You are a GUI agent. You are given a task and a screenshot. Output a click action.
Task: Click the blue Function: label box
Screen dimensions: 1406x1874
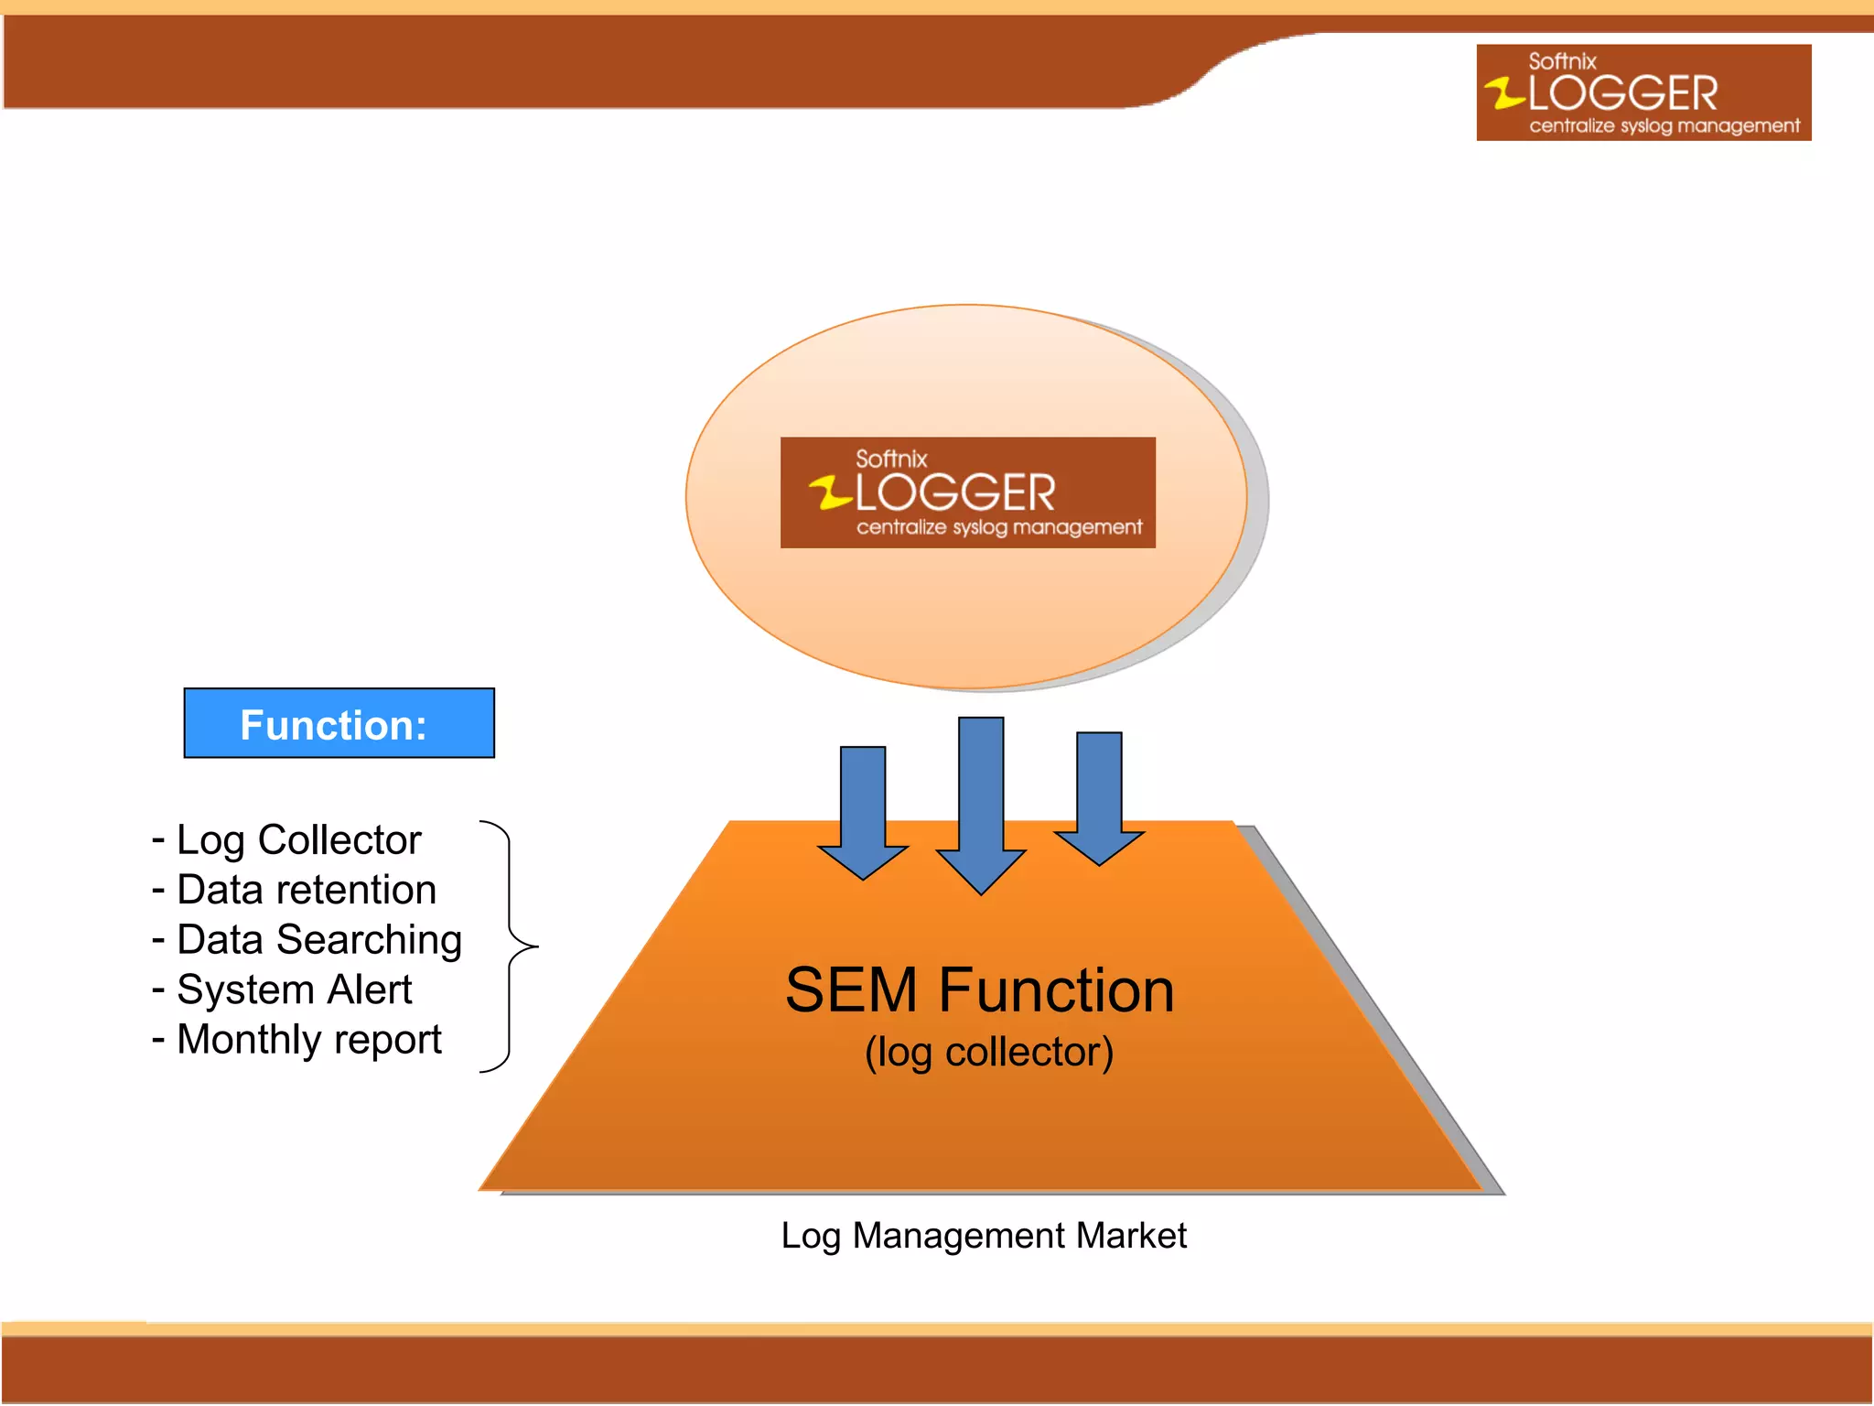click(x=339, y=723)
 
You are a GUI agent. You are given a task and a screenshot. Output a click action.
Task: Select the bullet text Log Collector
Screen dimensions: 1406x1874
click(x=298, y=840)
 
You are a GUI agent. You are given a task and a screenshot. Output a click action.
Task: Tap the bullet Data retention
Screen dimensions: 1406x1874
click(x=306, y=890)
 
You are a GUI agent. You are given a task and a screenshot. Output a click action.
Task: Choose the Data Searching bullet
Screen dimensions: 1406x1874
click(x=318, y=940)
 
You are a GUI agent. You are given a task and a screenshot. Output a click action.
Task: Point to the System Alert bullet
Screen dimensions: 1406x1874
click(x=294, y=990)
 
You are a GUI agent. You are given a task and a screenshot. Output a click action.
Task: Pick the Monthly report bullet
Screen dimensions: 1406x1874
click(x=308, y=1040)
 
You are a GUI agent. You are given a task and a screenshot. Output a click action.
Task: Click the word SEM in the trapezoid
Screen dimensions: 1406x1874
click(x=851, y=990)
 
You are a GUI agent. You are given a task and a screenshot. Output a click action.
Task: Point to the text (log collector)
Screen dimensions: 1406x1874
click(x=989, y=1053)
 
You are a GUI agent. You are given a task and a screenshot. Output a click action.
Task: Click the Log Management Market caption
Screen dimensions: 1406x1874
click(x=984, y=1236)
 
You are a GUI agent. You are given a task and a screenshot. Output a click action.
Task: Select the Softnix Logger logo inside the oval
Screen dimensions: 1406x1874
click(x=967, y=492)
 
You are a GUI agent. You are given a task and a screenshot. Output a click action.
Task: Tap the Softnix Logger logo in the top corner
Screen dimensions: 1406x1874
click(x=1643, y=92)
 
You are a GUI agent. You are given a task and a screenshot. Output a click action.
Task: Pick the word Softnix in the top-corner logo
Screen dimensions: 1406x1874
click(x=1562, y=61)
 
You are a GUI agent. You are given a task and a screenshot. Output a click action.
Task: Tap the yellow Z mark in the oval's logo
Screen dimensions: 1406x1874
click(x=831, y=492)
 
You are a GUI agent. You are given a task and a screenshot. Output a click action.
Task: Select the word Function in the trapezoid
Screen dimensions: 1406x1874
click(x=1057, y=990)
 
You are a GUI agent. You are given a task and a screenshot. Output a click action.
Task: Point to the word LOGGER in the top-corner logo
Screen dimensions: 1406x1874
click(x=1622, y=93)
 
